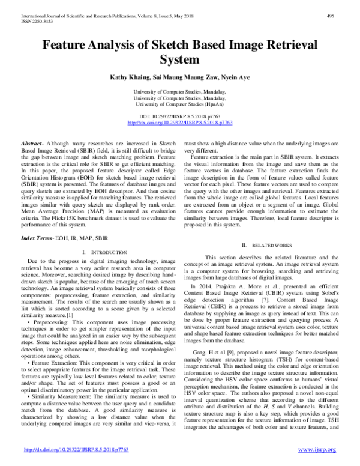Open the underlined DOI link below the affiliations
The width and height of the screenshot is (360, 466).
point(180,122)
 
